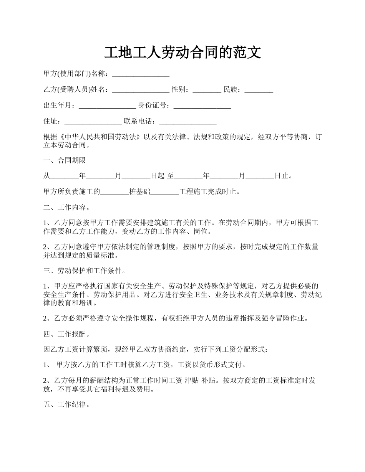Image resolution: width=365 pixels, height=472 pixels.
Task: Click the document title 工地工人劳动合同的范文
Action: click(182, 53)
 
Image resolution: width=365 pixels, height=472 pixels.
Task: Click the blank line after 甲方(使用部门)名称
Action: click(141, 74)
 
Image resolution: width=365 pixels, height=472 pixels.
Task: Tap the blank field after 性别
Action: click(207, 90)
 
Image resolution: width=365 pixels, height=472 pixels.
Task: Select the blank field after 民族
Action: click(259, 90)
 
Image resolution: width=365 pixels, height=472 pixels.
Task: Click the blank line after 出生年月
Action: click(107, 106)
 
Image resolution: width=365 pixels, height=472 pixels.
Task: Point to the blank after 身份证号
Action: click(202, 106)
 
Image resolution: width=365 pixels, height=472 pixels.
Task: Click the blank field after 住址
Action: click(93, 121)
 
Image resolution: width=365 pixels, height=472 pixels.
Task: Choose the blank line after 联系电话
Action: click(187, 121)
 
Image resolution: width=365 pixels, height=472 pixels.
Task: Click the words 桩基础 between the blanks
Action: click(140, 192)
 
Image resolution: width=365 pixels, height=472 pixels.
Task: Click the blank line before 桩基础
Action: click(114, 192)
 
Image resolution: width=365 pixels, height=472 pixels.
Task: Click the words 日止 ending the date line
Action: click(282, 176)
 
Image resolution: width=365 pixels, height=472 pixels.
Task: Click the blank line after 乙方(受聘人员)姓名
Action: click(141, 90)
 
